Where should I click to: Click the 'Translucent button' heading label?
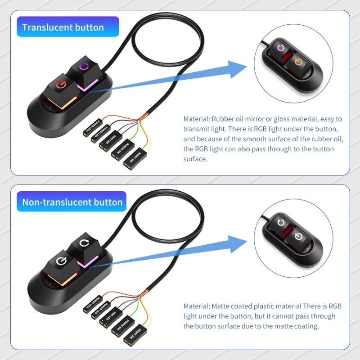63,27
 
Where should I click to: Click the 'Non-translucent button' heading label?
72,202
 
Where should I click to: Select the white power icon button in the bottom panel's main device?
61,261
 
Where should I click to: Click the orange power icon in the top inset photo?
298,61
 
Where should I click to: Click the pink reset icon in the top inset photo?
282,48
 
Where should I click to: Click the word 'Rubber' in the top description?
223,119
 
